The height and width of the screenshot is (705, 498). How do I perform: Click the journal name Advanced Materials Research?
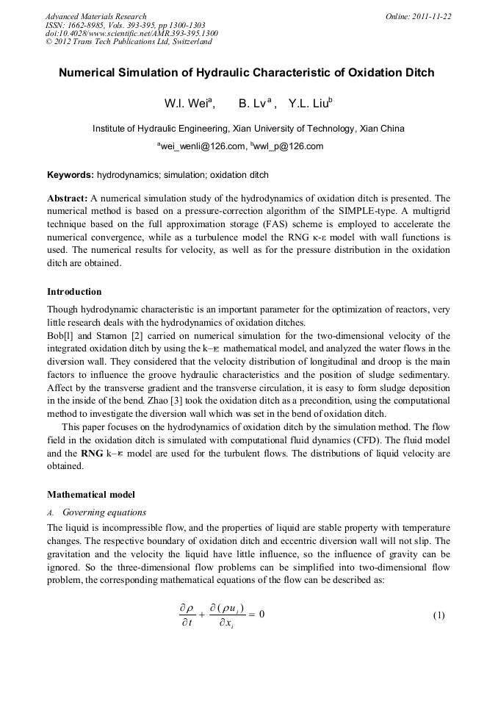[95, 16]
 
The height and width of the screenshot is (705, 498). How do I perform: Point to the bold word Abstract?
[68, 198]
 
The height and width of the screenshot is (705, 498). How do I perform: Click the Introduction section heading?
[74, 292]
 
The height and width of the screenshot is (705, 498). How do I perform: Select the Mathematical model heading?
[91, 495]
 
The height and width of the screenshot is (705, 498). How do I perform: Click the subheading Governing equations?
[104, 512]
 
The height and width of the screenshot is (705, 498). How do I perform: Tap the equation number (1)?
[439, 615]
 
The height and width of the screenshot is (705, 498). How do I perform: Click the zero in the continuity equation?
[260, 614]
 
